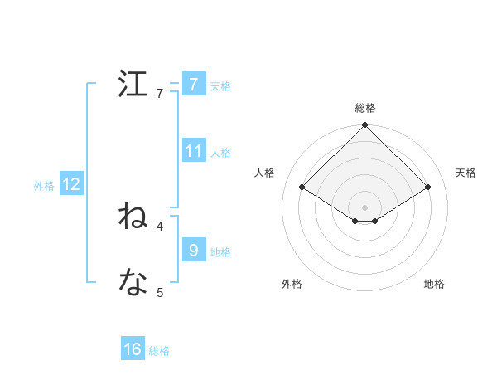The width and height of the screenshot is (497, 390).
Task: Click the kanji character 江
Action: [x=133, y=85]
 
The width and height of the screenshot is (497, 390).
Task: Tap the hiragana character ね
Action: [x=133, y=217]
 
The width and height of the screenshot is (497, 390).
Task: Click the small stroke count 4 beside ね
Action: [x=160, y=226]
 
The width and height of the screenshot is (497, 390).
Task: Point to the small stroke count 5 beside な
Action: [x=160, y=292]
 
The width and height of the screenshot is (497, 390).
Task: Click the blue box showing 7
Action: [x=193, y=85]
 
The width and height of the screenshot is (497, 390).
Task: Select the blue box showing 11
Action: [x=193, y=151]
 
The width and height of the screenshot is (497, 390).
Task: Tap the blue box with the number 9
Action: [x=193, y=251]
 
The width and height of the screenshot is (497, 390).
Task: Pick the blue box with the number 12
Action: [x=71, y=184]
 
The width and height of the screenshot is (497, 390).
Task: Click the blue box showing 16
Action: [x=133, y=349]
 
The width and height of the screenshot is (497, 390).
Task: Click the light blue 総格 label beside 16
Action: [x=159, y=351]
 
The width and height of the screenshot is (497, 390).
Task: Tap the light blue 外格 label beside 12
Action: [x=44, y=186]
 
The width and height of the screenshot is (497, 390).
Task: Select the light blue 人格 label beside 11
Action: [x=220, y=153]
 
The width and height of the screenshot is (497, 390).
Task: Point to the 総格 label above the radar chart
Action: [x=364, y=108]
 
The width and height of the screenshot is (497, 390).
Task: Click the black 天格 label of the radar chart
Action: [x=466, y=173]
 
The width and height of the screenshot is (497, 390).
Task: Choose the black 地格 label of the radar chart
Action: [x=434, y=284]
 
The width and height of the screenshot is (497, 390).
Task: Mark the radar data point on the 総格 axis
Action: [x=364, y=126]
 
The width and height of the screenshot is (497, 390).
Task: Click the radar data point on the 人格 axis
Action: [x=302, y=188]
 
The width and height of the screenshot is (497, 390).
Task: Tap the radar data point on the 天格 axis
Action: [x=427, y=188]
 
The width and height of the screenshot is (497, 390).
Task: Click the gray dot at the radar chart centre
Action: [x=364, y=207]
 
